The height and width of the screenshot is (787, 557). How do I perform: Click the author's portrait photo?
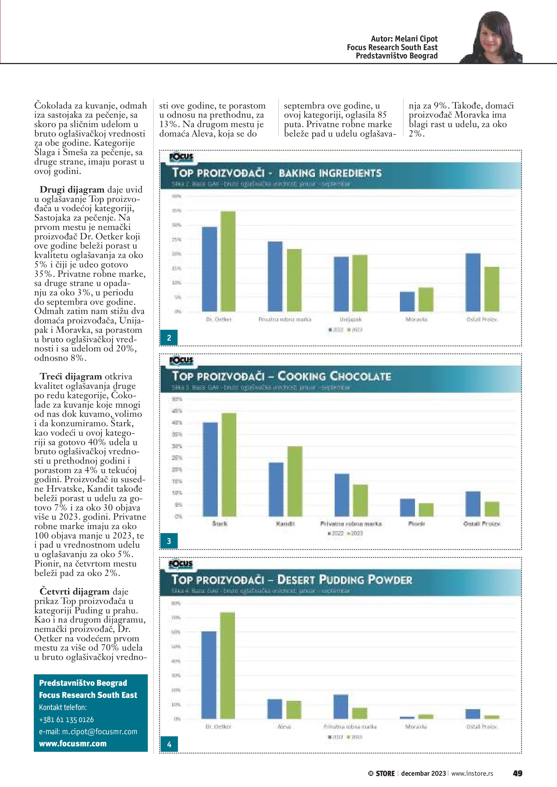(x=491, y=38)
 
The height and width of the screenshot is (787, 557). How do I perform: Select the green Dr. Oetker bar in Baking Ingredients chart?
(x=228, y=261)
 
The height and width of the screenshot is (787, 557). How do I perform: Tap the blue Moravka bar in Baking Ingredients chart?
(x=407, y=301)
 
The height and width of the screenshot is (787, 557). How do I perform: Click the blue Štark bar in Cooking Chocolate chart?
(x=210, y=469)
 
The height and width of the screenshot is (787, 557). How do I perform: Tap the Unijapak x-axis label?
(x=351, y=320)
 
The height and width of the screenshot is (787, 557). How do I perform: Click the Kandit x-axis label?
(x=285, y=524)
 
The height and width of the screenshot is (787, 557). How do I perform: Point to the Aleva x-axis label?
(x=284, y=727)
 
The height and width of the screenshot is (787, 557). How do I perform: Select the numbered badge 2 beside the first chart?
(x=169, y=338)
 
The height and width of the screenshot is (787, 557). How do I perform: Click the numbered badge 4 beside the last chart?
(x=169, y=744)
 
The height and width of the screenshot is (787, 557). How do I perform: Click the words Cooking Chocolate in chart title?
(x=334, y=376)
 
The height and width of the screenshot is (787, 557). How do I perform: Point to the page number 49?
(x=517, y=773)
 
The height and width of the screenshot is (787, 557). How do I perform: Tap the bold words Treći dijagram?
(x=71, y=376)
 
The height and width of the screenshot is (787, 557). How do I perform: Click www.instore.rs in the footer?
(x=472, y=774)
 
